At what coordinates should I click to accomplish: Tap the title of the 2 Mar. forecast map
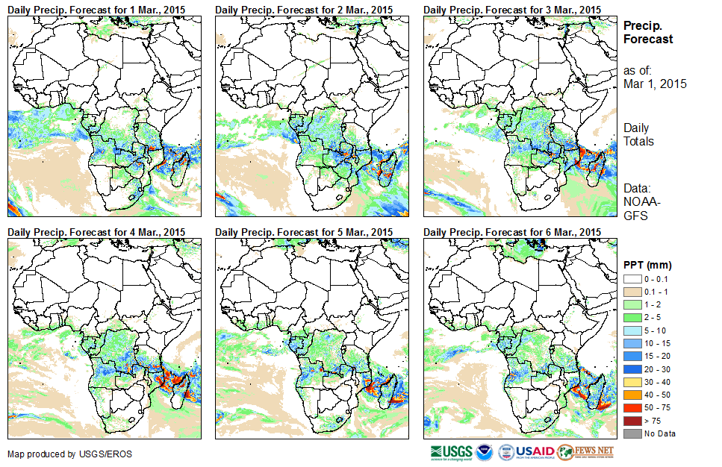(304, 9)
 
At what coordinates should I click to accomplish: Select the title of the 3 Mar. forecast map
(511, 9)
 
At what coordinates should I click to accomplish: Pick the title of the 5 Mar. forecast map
(304, 232)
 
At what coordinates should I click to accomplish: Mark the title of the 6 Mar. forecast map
(511, 232)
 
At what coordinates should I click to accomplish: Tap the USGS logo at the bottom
(451, 452)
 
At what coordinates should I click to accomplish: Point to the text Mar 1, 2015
(655, 84)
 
